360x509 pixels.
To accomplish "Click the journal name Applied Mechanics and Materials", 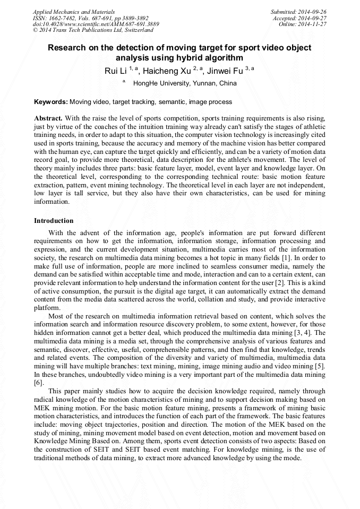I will point(73,11).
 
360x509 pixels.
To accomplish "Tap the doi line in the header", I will point(96,24).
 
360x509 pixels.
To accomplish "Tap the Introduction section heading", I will point(54,220).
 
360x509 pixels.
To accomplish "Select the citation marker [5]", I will point(320,367).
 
